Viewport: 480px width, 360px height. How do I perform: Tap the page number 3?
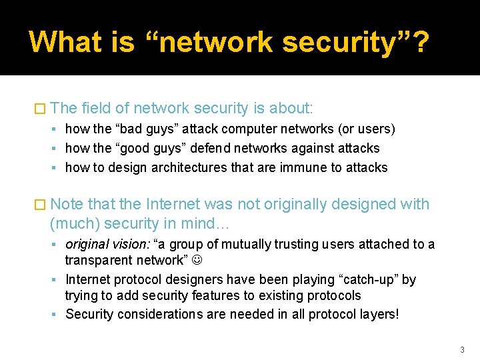pos(461,349)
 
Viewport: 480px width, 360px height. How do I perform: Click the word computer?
pos(257,129)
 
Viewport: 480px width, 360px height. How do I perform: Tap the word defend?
pos(211,148)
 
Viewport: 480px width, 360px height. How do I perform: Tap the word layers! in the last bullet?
pos(377,313)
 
